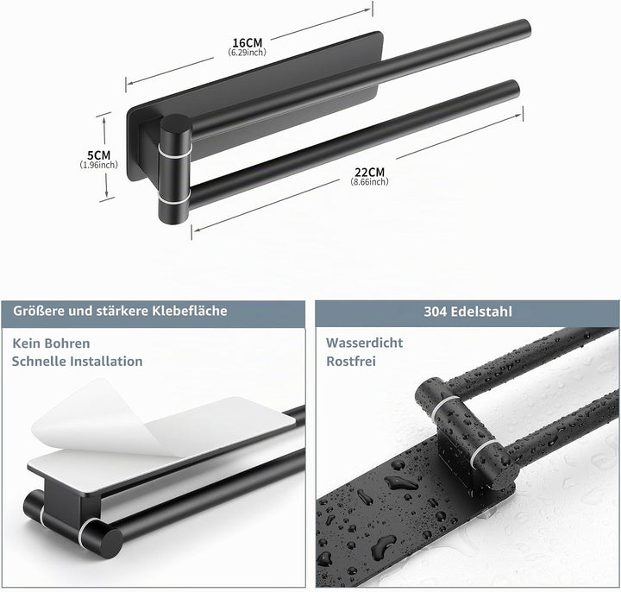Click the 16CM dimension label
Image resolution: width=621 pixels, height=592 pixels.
[x=248, y=42]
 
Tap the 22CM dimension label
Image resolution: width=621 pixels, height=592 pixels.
[x=369, y=173]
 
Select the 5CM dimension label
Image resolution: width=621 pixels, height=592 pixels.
[x=98, y=155]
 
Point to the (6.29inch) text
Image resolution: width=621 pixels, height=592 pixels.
[x=248, y=52]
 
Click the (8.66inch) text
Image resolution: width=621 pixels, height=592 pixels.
[x=369, y=181]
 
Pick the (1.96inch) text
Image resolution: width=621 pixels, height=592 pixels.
[x=98, y=165]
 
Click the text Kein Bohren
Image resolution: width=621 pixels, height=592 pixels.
[x=51, y=343]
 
